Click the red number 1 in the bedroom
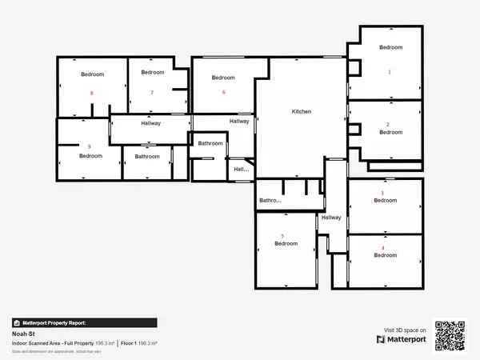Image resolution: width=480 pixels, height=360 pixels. (390, 72)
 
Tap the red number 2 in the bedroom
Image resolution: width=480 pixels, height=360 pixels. (388, 125)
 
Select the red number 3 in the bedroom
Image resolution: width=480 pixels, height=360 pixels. (382, 193)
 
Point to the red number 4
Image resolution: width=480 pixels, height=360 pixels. (382, 248)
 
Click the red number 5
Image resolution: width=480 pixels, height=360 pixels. (282, 235)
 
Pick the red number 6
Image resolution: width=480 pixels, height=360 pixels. (223, 92)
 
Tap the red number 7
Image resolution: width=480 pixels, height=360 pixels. (151, 92)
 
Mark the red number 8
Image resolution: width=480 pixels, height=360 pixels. (92, 93)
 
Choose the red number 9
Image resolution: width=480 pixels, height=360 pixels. (90, 146)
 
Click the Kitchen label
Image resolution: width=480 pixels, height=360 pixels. (301, 111)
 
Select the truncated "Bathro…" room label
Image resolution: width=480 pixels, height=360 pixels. (270, 201)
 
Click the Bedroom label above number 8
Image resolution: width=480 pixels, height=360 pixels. (92, 74)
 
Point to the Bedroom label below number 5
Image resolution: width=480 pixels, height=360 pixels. (286, 244)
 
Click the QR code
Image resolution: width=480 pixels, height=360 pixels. (450, 335)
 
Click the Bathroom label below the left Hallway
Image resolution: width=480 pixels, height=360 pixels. (147, 157)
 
